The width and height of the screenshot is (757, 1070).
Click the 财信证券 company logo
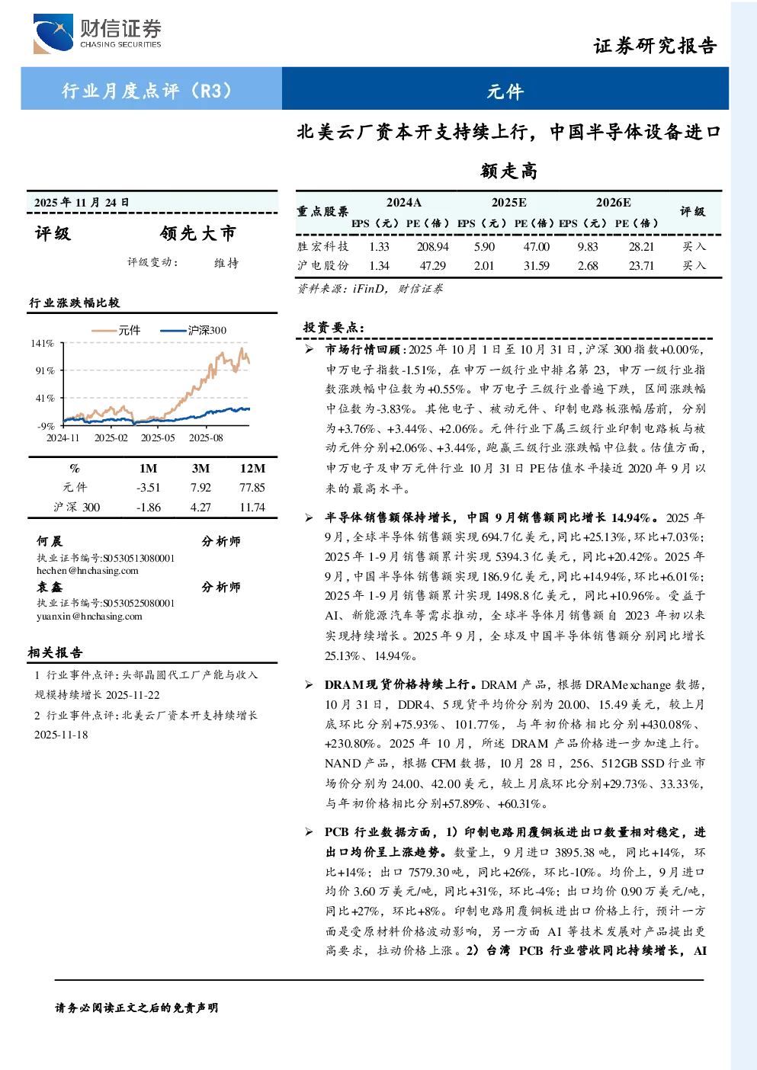tap(97, 34)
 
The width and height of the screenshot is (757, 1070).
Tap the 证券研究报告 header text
tap(655, 46)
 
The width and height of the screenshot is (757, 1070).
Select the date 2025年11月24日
tap(82, 203)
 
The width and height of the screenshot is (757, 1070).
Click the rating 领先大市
tap(198, 233)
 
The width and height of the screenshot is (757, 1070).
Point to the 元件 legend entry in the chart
tap(116, 330)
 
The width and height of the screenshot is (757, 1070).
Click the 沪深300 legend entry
tap(193, 330)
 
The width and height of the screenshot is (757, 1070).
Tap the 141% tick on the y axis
tap(43, 344)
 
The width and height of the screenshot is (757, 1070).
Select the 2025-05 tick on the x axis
tap(158, 437)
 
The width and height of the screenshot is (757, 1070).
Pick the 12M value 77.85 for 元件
tap(252, 487)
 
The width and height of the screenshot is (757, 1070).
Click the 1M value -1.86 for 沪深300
tap(148, 508)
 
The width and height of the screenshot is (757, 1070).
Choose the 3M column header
tap(200, 469)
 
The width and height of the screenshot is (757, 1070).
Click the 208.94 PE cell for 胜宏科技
tap(432, 246)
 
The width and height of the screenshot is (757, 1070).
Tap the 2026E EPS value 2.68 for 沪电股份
tap(587, 265)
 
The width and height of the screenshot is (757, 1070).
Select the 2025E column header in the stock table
tap(509, 203)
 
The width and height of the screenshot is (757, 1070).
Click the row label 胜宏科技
tap(323, 246)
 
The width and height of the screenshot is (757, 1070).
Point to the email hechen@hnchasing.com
tap(88, 570)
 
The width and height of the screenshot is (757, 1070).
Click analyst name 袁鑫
tap(50, 587)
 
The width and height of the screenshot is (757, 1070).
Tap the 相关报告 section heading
tap(55, 652)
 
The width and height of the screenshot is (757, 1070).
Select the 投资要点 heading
tap(334, 328)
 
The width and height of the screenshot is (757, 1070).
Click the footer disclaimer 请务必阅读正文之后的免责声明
tap(136, 1008)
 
